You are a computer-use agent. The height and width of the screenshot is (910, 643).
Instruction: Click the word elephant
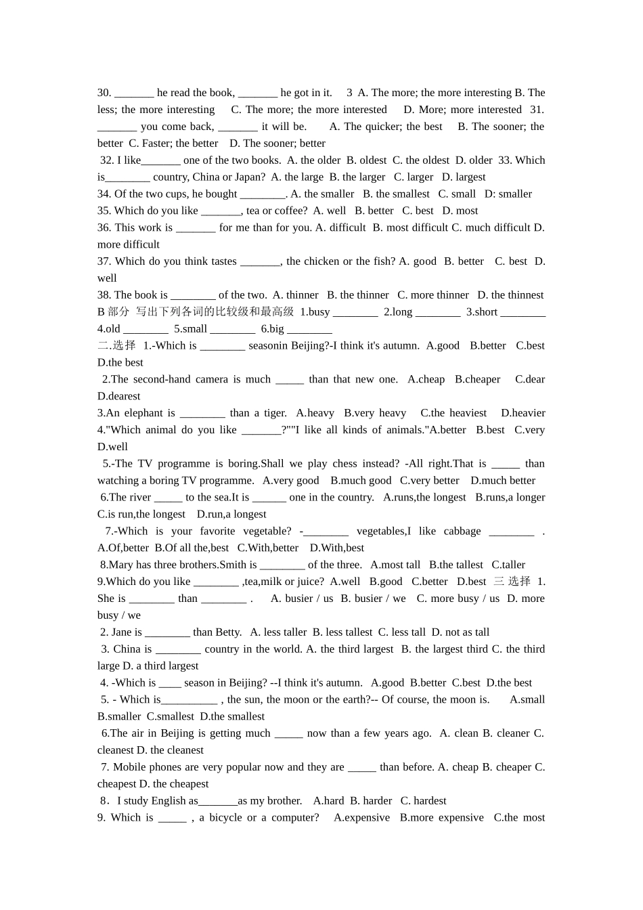coord(143,413)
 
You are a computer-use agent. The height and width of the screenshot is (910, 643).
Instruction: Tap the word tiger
coord(274,413)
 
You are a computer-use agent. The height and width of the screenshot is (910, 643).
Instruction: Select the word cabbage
coord(462,532)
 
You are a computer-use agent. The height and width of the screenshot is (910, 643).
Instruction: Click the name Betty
coord(227,632)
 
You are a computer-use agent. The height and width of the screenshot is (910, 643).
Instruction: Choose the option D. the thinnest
coord(510,295)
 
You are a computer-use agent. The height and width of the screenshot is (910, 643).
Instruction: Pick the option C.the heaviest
coord(453,413)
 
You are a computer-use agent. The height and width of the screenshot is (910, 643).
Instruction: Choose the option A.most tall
coord(395,565)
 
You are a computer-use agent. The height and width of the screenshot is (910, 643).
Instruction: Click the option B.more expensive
coord(441,818)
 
